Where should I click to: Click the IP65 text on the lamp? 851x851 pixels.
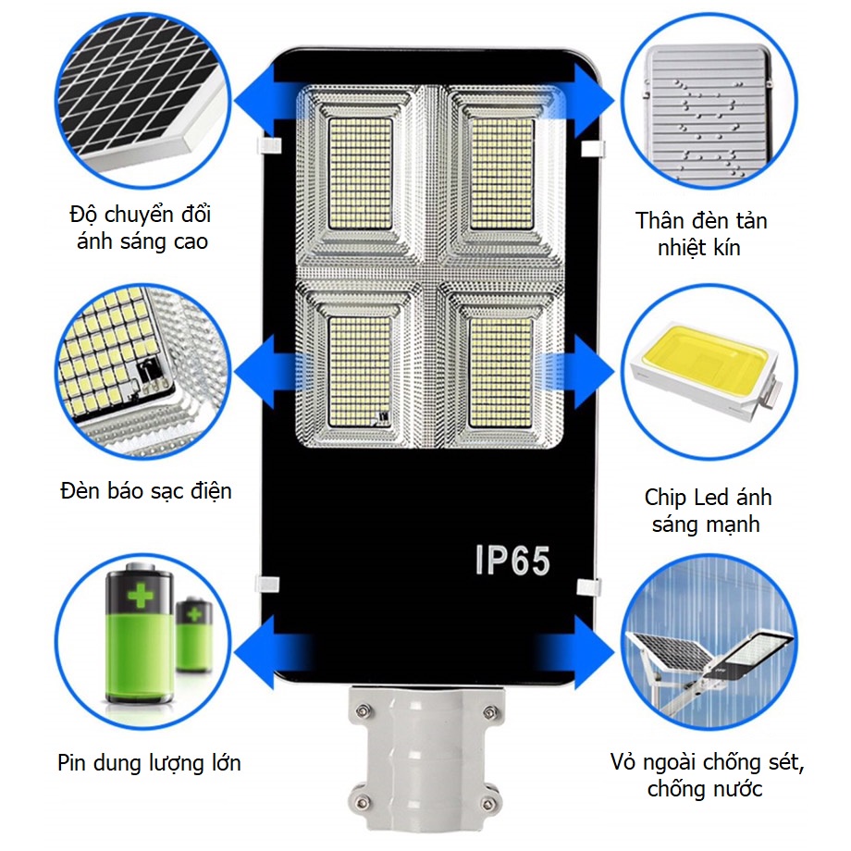coord(512,560)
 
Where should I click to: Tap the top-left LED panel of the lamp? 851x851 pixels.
coord(361,174)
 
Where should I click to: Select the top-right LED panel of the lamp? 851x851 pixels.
coord(501,174)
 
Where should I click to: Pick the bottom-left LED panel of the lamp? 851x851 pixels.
coord(359,372)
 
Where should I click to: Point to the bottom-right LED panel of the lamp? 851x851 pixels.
coord(501,372)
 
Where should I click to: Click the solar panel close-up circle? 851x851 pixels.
coord(142,102)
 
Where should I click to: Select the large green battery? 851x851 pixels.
coord(140,633)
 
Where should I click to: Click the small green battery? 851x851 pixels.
coord(193,635)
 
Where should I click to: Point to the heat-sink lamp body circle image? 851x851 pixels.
coord(709,102)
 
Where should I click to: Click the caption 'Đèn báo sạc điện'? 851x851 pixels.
coord(146,491)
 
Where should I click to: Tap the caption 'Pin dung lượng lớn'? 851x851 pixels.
coord(149,762)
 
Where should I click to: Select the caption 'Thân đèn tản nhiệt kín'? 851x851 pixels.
coord(700,234)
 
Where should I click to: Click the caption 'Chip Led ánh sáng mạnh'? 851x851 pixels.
coord(708,511)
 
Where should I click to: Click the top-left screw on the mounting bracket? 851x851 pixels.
coord(363,709)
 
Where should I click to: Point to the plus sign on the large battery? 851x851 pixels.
coord(141,596)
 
